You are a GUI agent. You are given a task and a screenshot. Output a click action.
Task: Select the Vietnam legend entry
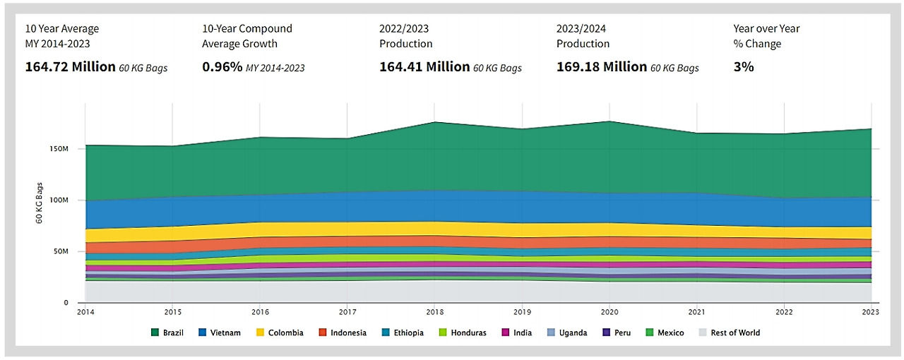pyautogui.click(x=220, y=332)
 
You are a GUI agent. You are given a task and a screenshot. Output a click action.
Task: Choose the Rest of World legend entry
pyautogui.click(x=729, y=332)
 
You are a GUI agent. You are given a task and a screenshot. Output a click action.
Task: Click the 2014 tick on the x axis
pyautogui.click(x=85, y=311)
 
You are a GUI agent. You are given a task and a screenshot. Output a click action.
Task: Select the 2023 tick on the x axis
pyautogui.click(x=872, y=311)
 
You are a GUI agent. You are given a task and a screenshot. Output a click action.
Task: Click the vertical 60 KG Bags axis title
pyautogui.click(x=40, y=203)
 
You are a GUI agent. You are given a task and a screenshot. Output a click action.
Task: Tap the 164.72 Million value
pyautogui.click(x=71, y=67)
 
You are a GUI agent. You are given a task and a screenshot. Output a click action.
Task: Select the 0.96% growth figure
pyautogui.click(x=221, y=67)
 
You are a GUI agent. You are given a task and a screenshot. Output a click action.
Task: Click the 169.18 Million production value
pyautogui.click(x=602, y=67)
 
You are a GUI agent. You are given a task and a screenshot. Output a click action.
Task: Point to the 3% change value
pyautogui.click(x=744, y=67)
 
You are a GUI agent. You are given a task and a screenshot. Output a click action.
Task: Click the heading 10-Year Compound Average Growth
pyautogui.click(x=247, y=36)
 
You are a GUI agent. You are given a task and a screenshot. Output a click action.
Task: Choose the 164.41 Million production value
pyautogui.click(x=424, y=67)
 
